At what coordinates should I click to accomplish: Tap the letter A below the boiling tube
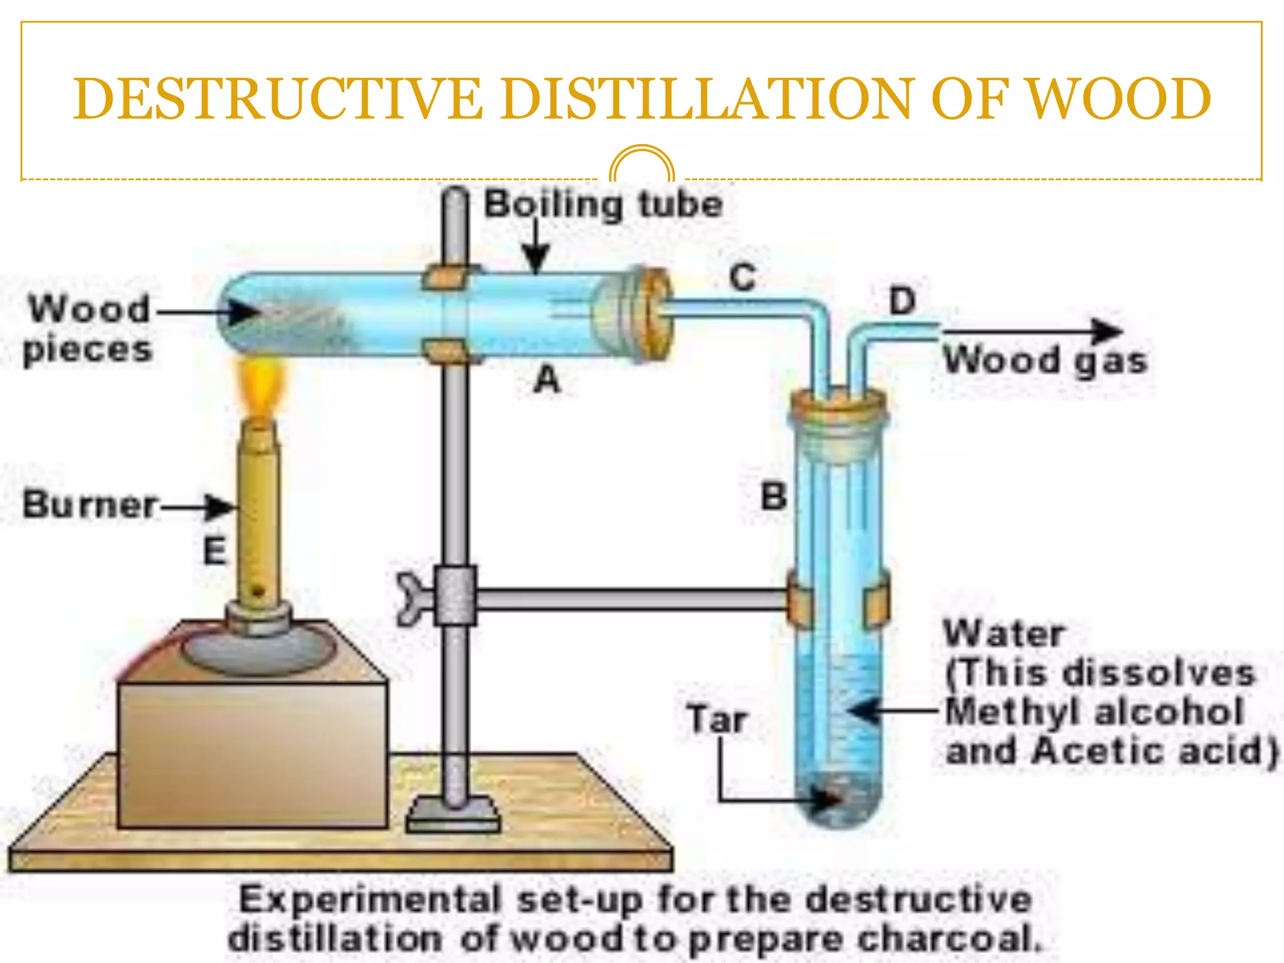pyautogui.click(x=547, y=379)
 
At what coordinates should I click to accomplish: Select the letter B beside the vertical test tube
pyautogui.click(x=774, y=497)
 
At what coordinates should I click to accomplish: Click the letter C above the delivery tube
pyautogui.click(x=743, y=276)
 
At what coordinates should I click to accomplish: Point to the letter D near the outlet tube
pyautogui.click(x=903, y=301)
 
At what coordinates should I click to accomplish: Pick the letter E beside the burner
pyautogui.click(x=215, y=551)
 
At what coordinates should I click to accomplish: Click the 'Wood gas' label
pyautogui.click(x=1045, y=361)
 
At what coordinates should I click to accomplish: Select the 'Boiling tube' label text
pyautogui.click(x=603, y=205)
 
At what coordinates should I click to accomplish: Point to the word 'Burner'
pyautogui.click(x=90, y=505)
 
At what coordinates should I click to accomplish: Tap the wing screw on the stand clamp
pyautogui.click(x=412, y=598)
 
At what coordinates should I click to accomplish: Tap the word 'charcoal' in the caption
pyautogui.click(x=947, y=939)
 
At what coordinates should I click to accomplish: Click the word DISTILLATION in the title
pyautogui.click(x=705, y=98)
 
